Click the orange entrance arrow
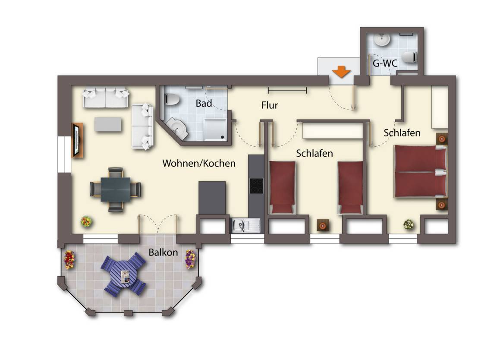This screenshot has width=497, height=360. [x=341, y=71]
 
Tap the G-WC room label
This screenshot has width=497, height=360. [x=385, y=63]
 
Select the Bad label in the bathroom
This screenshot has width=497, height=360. [x=204, y=103]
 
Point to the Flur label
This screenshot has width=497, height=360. [x=270, y=105]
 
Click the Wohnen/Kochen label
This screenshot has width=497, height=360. [x=199, y=163]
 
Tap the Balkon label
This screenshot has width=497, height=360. [x=163, y=253]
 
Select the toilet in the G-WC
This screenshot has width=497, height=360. [x=409, y=57]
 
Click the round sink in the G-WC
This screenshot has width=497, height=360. [x=382, y=40]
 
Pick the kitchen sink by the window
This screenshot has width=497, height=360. [x=246, y=225]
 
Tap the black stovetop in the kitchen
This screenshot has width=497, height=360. [x=256, y=186]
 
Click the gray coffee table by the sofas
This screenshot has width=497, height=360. [x=108, y=124]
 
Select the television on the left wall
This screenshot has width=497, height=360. [x=76, y=140]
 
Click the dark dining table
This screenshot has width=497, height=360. [x=115, y=189]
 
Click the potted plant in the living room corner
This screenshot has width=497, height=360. [x=86, y=221]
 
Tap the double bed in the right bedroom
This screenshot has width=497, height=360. [x=420, y=172]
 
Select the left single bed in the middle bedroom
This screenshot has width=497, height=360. [x=283, y=187]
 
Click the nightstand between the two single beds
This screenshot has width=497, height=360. [x=323, y=225]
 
